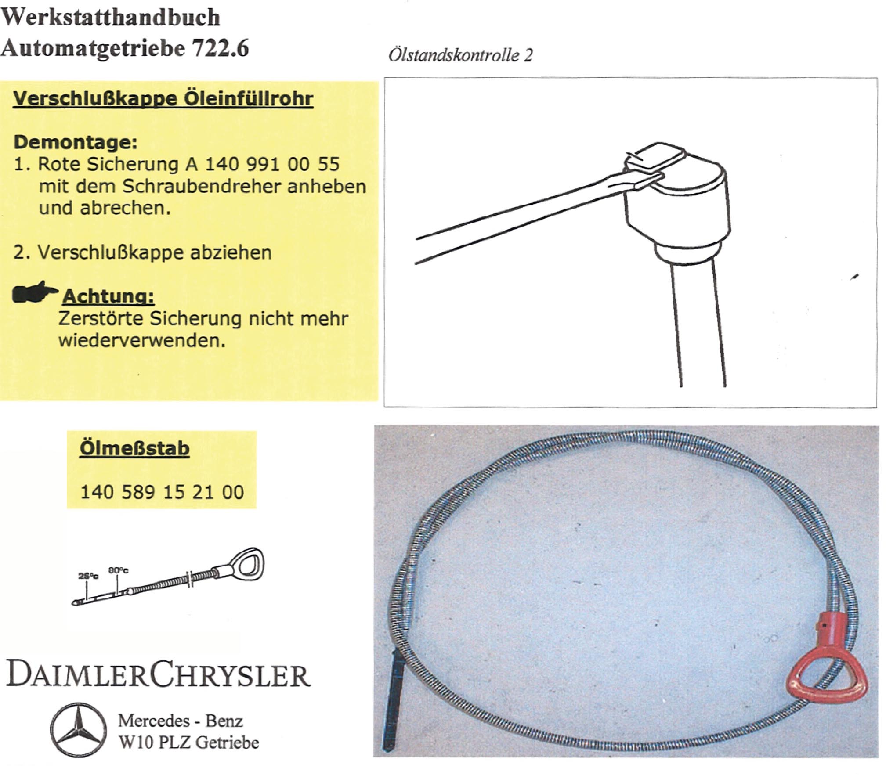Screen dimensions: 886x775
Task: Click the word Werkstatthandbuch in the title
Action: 110,18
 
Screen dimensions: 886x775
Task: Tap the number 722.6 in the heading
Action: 220,47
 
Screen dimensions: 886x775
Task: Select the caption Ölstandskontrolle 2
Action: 460,55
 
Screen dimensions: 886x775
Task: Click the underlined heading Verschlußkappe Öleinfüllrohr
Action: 163,98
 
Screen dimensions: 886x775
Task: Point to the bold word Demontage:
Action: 76,142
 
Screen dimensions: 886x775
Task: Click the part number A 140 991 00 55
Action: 263,164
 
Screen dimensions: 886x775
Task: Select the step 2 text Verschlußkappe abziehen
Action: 155,252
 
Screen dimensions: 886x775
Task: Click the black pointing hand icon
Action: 34,292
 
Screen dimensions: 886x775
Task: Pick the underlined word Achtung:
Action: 108,296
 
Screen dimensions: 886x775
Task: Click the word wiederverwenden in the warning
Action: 141,341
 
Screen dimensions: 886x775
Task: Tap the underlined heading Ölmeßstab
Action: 134,448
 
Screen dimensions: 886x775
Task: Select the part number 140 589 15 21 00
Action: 162,492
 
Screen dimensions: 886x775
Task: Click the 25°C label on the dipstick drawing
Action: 88,576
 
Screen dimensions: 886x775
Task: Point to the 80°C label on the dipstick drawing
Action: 118,570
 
